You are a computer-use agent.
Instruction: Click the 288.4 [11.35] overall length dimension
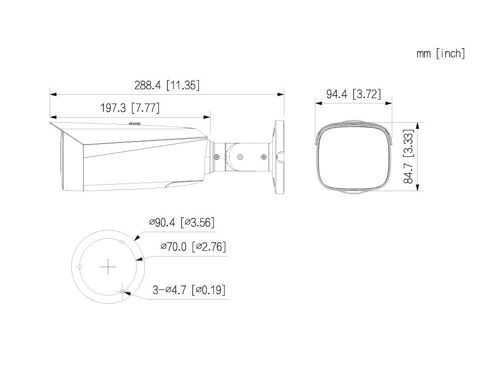[x=167, y=85]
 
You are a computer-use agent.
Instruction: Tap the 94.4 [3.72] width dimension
[x=353, y=94]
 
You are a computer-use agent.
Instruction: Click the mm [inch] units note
[x=440, y=53]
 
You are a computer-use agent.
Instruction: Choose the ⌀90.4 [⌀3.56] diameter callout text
[x=182, y=222]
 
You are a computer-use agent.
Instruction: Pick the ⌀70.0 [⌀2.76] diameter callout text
[x=193, y=247]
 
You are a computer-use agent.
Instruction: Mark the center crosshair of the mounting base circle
[x=108, y=267]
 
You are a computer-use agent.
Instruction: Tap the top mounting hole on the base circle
[x=122, y=242]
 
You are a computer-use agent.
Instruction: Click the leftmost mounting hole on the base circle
[x=79, y=267]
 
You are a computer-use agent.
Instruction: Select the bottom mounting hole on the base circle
[x=122, y=291]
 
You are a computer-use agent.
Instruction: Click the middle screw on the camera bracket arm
[x=240, y=157]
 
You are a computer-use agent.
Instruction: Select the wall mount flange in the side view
[x=279, y=156]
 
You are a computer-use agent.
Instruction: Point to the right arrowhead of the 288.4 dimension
[x=281, y=94]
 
